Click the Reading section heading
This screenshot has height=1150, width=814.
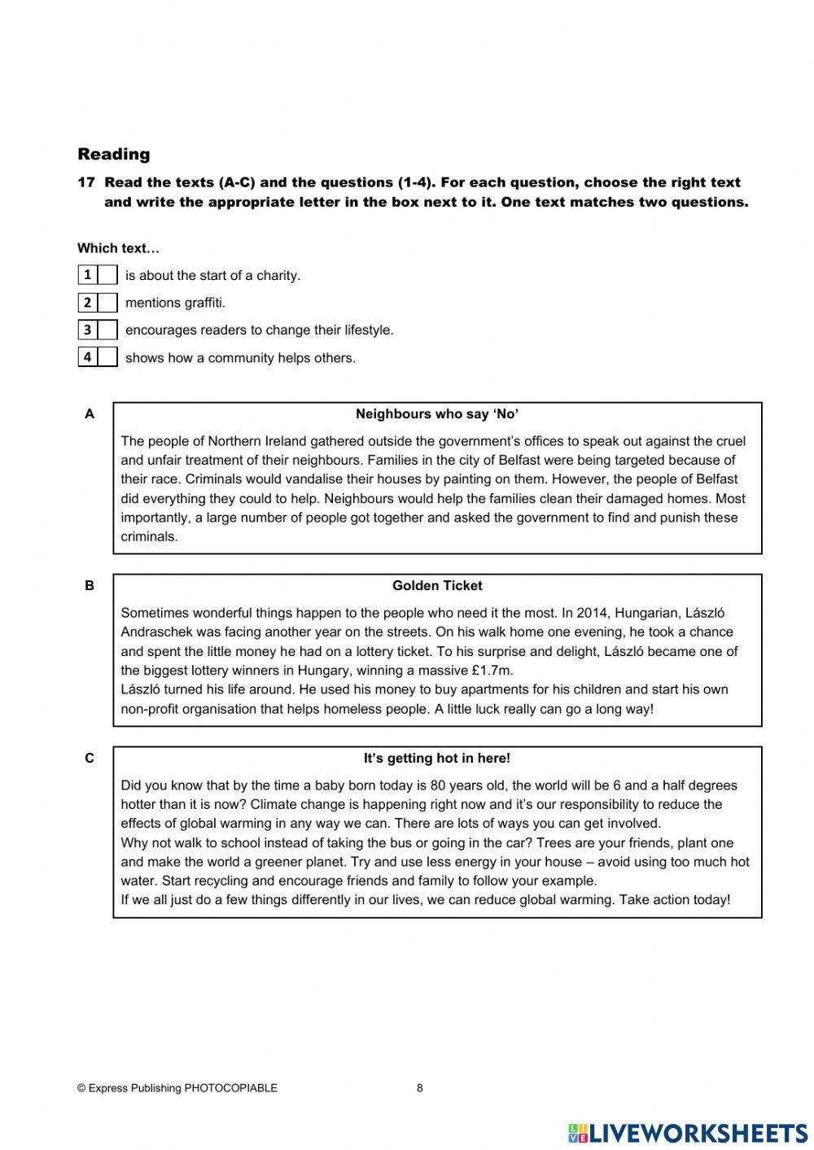click(x=114, y=154)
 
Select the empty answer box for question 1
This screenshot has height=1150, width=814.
click(x=107, y=275)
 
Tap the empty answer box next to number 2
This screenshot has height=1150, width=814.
click(x=107, y=303)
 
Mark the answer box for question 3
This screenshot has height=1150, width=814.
click(x=107, y=330)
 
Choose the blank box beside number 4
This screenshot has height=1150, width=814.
click(x=107, y=357)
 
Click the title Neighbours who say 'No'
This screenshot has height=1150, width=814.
click(x=437, y=414)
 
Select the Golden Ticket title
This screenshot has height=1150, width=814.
click(x=437, y=586)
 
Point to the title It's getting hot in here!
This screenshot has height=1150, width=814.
click(x=437, y=759)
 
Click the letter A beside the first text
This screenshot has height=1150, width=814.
click(x=90, y=414)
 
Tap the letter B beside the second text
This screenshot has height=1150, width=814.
click(x=90, y=586)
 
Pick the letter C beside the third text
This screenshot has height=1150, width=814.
click(x=90, y=759)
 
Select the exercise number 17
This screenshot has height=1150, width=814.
click(x=86, y=183)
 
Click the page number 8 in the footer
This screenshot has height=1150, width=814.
click(x=420, y=1088)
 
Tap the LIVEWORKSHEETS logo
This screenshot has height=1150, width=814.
click(x=688, y=1132)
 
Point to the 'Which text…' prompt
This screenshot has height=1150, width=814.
click(x=119, y=248)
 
